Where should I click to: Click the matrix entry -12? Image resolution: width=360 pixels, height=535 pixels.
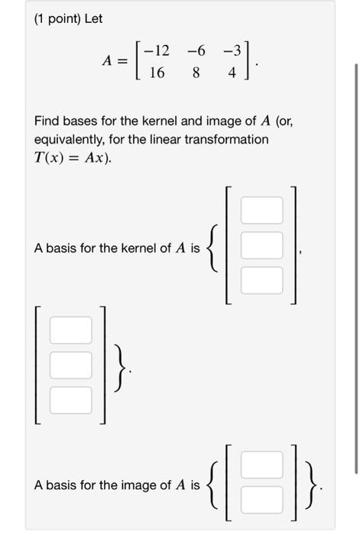158,51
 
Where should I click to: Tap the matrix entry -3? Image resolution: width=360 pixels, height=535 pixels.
231,51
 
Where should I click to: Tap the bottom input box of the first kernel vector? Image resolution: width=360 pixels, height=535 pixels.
261,280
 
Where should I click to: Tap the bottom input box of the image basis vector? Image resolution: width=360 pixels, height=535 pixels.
262,501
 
